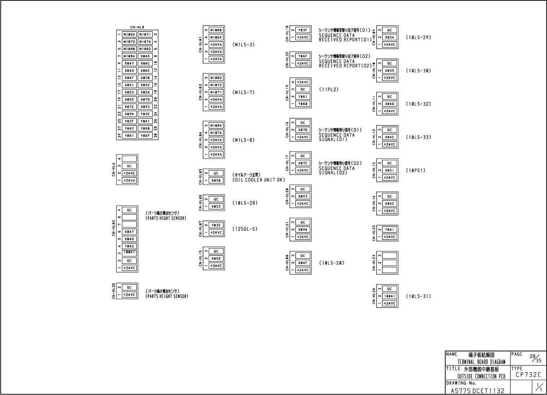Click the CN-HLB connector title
137,27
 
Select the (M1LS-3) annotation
244,45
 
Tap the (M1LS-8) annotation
244,140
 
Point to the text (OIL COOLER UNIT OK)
259,180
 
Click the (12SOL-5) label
245,229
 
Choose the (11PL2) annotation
329,89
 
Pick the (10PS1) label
416,170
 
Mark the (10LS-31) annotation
419,296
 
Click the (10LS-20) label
332,263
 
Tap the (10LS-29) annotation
419,38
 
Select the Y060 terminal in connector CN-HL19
303,104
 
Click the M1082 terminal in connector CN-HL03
216,78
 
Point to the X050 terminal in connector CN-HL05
216,180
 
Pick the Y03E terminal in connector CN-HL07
216,225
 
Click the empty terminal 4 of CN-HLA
129,159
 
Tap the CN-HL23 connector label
374,263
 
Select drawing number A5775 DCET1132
477,391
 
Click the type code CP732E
528,375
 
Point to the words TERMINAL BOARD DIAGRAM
481,362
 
